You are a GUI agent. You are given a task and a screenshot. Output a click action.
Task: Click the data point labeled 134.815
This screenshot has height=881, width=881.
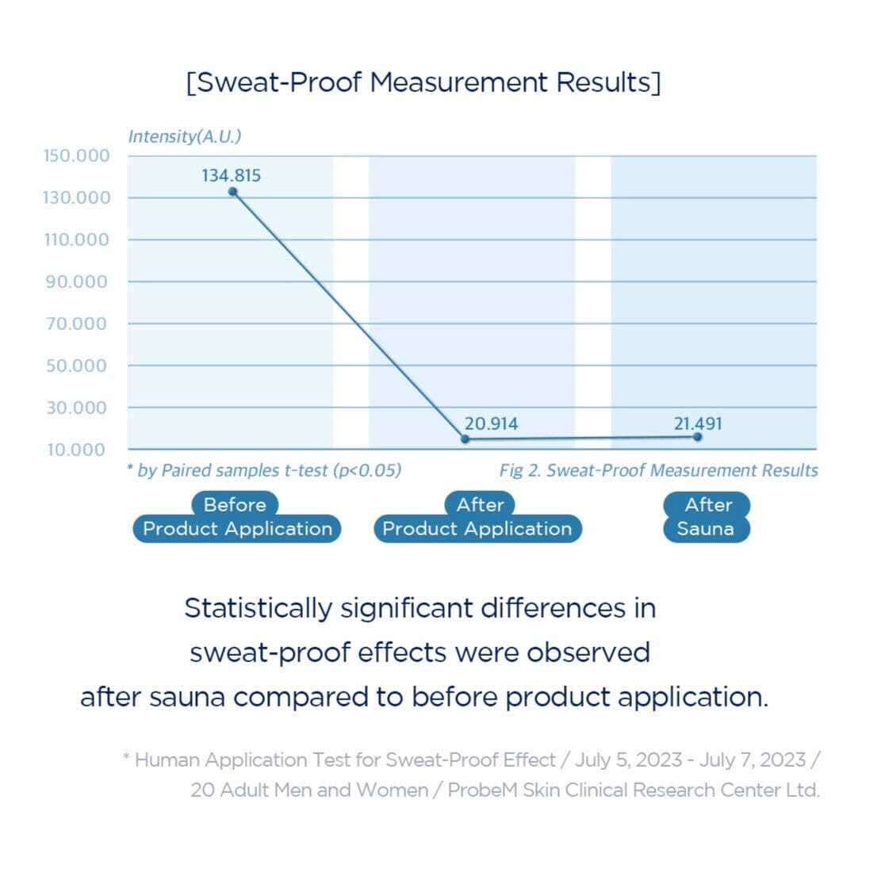(x=232, y=191)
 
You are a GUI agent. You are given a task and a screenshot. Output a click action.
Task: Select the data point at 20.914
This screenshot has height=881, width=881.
(x=465, y=439)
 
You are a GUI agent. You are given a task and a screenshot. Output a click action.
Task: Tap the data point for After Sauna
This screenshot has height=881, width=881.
(x=698, y=436)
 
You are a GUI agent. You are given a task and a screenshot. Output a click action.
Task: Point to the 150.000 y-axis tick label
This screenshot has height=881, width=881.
(x=76, y=155)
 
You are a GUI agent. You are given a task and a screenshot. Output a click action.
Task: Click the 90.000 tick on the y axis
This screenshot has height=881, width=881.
(x=76, y=282)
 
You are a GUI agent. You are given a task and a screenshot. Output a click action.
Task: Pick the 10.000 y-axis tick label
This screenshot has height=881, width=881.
(x=76, y=450)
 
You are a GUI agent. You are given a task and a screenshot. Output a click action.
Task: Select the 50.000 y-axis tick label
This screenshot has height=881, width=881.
(x=76, y=366)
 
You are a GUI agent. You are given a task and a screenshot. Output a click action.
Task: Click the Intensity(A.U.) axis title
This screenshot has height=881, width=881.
(x=185, y=136)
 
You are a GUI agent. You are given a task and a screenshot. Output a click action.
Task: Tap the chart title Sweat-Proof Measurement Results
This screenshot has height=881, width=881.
(x=423, y=82)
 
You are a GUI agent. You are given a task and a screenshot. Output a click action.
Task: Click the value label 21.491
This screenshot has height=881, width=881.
(x=698, y=423)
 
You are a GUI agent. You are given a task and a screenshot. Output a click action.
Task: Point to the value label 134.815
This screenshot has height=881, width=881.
(x=231, y=175)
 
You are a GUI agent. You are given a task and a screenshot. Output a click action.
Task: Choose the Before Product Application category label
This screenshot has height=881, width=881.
(x=236, y=517)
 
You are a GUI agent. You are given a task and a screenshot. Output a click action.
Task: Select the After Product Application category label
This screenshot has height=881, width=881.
(x=477, y=517)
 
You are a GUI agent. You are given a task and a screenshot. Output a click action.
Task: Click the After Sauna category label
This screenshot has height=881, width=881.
(x=707, y=517)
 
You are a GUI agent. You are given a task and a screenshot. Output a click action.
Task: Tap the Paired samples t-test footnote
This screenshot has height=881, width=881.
(x=264, y=470)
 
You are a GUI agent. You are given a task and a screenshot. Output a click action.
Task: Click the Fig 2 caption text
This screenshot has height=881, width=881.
(x=658, y=470)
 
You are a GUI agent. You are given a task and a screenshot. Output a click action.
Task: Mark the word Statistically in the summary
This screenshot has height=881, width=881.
(x=258, y=608)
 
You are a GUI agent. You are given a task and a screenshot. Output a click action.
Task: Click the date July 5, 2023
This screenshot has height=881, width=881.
(x=628, y=760)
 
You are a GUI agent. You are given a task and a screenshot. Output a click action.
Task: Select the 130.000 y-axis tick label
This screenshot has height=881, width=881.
(x=76, y=197)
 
